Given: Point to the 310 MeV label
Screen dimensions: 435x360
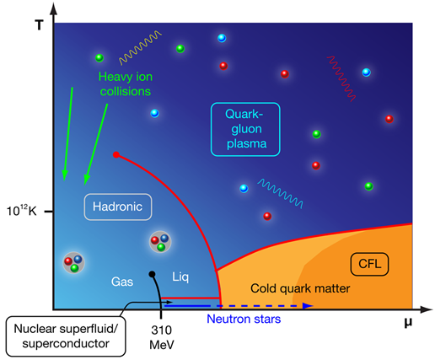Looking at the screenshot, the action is point(162,337).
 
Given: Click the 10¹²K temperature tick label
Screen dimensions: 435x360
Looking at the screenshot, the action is point(21,211).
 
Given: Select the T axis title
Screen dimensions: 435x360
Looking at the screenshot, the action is point(39,25).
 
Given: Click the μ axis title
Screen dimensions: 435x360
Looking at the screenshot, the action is point(408,322).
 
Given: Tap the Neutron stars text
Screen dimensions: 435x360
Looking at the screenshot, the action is point(244,319).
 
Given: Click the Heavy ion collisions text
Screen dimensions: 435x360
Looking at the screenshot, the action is point(126,83).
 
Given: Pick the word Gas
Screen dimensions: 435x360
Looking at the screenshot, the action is point(122,282).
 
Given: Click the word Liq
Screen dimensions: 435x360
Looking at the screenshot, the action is point(180,277).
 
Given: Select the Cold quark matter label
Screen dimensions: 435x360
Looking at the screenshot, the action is point(300,288).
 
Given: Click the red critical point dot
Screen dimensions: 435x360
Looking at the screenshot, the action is point(116,154).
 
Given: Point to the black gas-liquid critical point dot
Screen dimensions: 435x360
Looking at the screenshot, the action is point(152,274).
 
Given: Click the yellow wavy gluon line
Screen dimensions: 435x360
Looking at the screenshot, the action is point(140,47).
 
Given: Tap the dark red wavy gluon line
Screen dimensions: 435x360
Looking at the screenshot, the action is point(341,78).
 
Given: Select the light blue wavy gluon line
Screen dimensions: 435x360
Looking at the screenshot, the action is point(280,194).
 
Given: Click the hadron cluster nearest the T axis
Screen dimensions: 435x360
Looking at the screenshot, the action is point(73,262).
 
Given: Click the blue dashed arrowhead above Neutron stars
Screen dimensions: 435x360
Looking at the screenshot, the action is point(309,306).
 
